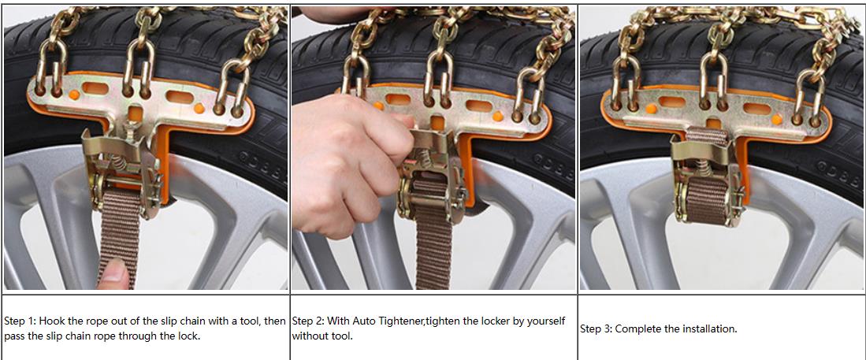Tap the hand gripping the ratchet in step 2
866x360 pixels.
click(x=348, y=160)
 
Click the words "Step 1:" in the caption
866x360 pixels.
click(x=20, y=321)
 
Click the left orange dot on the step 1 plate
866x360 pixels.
click(x=74, y=95)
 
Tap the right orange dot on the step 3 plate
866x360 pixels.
click(x=776, y=119)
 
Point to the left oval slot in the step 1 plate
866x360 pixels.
click(x=96, y=87)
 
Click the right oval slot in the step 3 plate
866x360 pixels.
click(x=756, y=108)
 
